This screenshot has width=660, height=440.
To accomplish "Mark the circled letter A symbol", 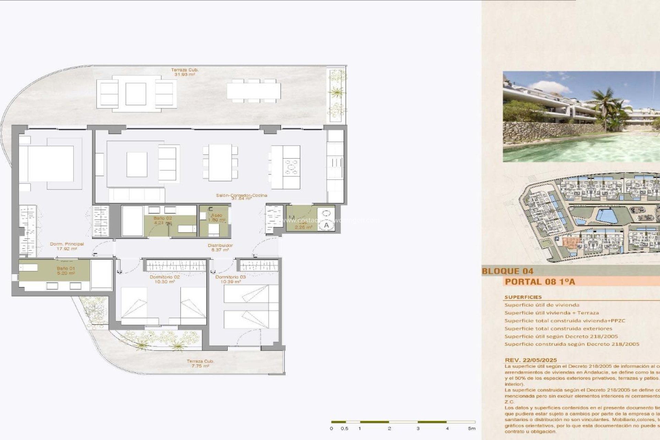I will pos(326,225).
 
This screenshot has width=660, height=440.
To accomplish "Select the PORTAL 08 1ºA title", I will pos(540,282).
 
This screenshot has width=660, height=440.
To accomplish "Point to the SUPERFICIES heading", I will pos(523,297).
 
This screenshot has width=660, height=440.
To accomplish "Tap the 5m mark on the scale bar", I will pos(472,428).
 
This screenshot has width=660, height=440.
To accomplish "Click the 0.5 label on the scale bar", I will pos(344,428).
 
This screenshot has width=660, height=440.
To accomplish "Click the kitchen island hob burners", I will pos(292,167).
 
